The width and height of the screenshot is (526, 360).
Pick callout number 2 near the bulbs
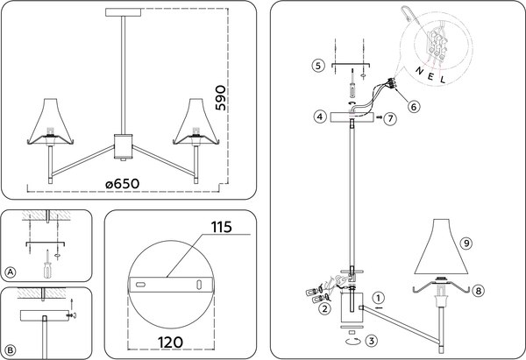coord(324,308)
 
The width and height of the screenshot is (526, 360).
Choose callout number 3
coord(373,341)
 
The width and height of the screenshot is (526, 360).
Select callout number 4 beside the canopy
coord(321,116)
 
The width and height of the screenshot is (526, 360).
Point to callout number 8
coord(480,290)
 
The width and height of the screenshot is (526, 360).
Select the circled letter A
coord(11,272)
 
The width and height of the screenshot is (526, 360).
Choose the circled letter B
coord(11,349)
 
